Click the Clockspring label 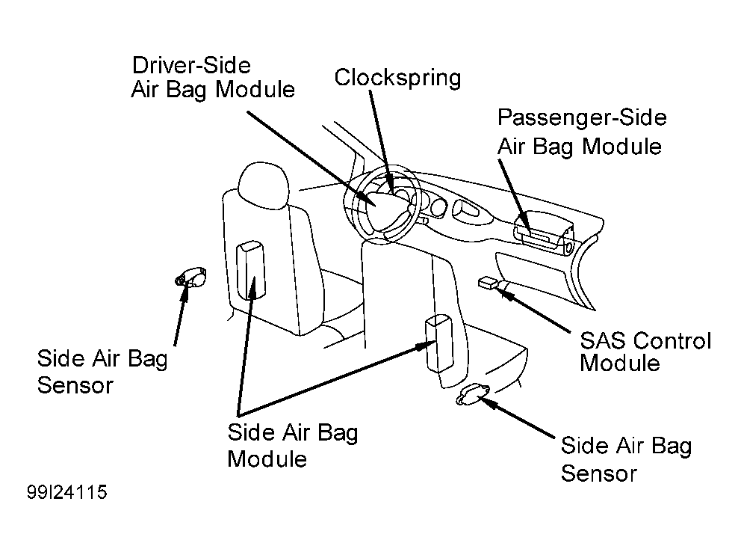[397, 79]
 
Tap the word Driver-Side [191, 65]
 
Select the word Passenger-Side [582, 117]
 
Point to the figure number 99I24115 [66, 492]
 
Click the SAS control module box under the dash [488, 283]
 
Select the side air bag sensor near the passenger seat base [472, 394]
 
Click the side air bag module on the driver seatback [250, 270]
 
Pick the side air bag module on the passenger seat [439, 344]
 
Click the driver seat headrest [263, 186]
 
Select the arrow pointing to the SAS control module [534, 308]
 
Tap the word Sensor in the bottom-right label [598, 473]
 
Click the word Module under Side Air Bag [267, 459]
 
